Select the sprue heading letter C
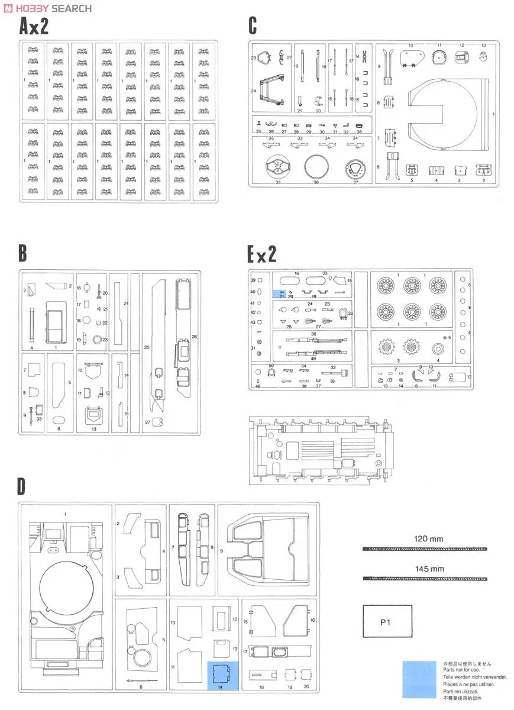click(x=253, y=27)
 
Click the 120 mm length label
click(x=428, y=539)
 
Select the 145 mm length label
click(x=428, y=569)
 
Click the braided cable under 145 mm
click(x=425, y=578)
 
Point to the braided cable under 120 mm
click(x=425, y=549)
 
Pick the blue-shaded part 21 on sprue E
click(x=279, y=293)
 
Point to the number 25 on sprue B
click(x=147, y=346)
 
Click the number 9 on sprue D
click(x=221, y=551)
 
